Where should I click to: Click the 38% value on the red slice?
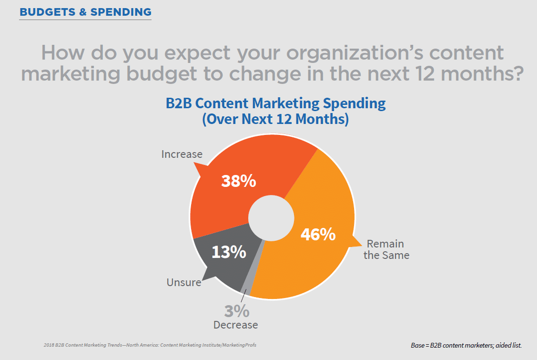tap(238, 181)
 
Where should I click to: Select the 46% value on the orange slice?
tap(318, 234)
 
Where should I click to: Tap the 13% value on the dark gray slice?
tap(229, 252)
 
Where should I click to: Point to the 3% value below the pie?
tap(237, 311)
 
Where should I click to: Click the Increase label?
tap(182, 154)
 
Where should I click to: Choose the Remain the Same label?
tap(386, 249)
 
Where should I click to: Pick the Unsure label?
tap(183, 282)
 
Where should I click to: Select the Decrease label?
tap(236, 325)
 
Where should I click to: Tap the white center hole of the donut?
tap(271, 217)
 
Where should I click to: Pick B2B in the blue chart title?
tap(180, 103)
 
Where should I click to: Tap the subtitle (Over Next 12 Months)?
tap(275, 119)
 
